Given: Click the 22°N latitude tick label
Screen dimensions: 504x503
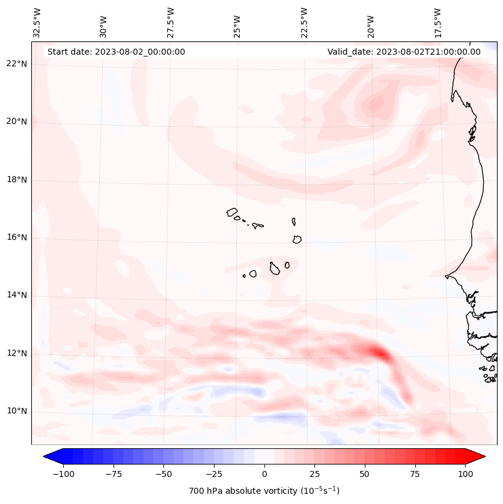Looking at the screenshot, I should point(17,64).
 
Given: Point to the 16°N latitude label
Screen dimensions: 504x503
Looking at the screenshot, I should point(17,237).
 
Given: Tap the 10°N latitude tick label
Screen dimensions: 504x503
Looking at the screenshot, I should point(17,411).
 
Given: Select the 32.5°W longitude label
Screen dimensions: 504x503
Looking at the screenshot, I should point(37,22).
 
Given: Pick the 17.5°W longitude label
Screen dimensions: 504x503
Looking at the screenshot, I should point(438,22).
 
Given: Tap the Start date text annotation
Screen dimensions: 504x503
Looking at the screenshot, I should point(116,52).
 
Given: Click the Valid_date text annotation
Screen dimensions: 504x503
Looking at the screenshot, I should point(404,52).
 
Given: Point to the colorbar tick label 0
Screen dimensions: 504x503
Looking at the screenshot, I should point(264,474).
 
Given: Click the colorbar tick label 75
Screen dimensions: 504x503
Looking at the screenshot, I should point(415,474).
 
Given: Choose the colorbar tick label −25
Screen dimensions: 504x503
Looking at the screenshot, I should point(214,474).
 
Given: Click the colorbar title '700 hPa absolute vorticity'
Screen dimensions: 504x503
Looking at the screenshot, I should point(264,491).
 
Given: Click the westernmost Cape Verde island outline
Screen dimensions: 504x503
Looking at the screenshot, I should point(232,212).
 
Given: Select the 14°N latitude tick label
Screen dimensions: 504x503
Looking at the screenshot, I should point(17,295).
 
